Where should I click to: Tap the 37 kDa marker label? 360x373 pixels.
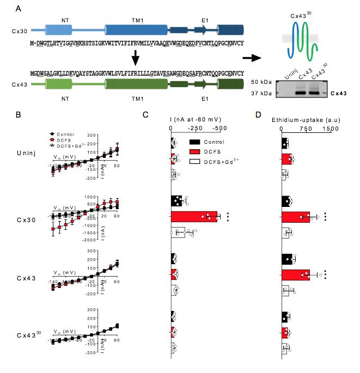point(263,93)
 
